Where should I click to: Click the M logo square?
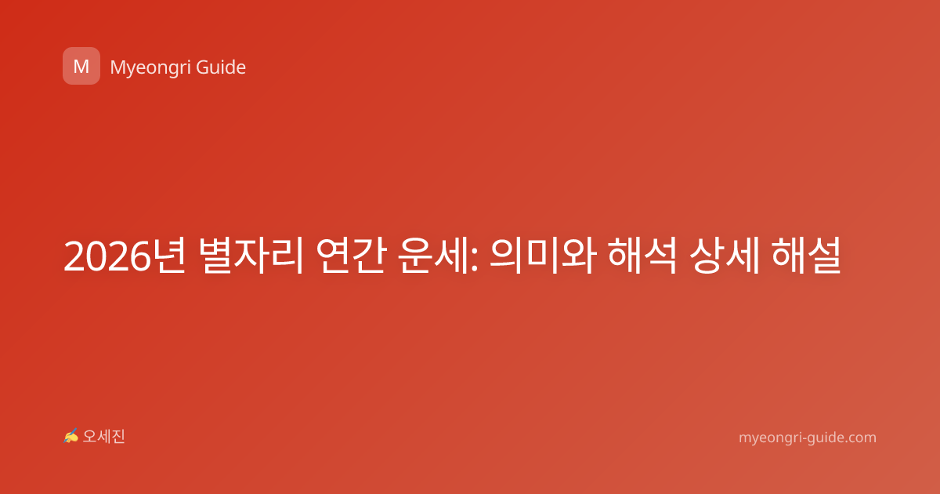(81, 66)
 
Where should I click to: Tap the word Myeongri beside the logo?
(150, 68)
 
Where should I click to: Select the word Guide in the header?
(221, 67)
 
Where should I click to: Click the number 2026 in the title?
(107, 256)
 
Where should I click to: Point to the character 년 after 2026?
(168, 256)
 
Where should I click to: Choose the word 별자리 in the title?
(251, 256)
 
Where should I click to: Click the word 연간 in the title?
(351, 256)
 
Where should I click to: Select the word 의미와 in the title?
(543, 256)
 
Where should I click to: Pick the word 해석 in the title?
(642, 256)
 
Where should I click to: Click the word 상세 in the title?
(725, 256)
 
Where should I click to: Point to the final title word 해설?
(806, 256)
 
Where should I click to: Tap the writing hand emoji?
(71, 436)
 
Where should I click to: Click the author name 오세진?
(103, 437)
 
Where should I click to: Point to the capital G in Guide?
(203, 67)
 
